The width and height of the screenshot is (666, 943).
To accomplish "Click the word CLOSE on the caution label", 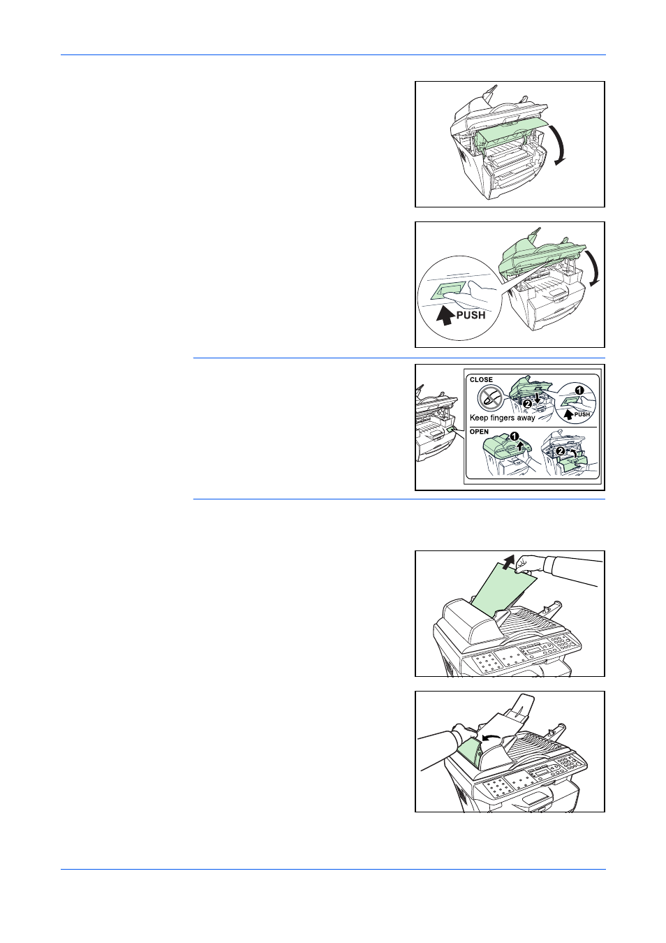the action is (x=481, y=379).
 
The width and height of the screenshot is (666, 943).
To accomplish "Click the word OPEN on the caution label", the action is (x=479, y=432).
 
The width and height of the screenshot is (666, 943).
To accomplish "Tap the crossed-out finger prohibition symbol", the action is (x=491, y=398).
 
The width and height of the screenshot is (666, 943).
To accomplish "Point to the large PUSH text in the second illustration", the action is (x=471, y=314).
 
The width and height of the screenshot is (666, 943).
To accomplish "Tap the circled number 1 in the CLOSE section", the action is (x=579, y=390).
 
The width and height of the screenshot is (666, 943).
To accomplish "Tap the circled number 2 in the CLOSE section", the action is (x=527, y=404).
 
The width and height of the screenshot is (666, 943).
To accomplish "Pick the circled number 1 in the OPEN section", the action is (x=514, y=436).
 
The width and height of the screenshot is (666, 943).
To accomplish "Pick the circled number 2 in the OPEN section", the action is (x=560, y=451).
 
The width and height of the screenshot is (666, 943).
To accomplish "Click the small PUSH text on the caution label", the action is (x=582, y=415).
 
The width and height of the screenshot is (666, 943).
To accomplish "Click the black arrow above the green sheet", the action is (x=508, y=562).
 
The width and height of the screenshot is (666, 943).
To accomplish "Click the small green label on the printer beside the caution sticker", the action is (x=452, y=430).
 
